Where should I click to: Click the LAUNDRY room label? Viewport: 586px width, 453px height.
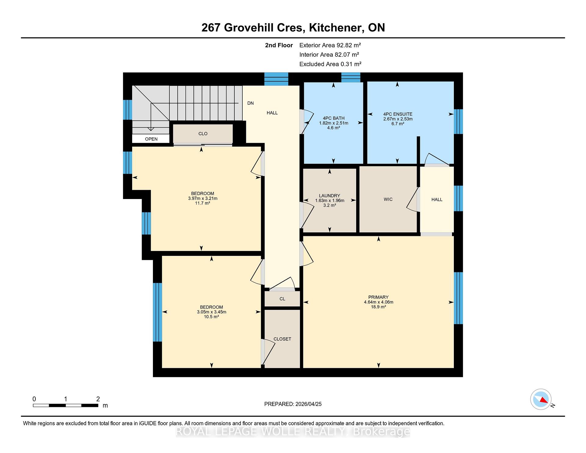(329, 196)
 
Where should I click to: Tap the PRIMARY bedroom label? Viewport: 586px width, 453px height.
(378, 297)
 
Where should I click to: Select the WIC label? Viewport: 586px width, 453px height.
(388, 199)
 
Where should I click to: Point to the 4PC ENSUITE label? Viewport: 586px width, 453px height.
(398, 114)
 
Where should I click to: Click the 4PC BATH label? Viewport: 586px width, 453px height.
(334, 118)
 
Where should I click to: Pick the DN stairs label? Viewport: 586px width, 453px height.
(250, 103)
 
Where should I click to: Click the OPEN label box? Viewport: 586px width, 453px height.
(151, 139)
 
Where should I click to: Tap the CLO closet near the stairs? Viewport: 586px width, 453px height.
(203, 134)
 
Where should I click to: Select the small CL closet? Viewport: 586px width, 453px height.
(282, 299)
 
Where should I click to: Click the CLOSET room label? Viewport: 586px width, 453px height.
(282, 339)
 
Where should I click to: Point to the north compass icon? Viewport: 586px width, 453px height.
(541, 399)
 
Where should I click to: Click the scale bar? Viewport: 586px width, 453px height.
(65, 405)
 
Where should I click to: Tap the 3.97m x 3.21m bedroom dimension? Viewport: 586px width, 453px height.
(203, 198)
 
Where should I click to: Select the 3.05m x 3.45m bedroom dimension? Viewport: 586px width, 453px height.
(212, 312)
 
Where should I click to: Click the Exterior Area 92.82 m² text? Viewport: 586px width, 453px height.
(330, 45)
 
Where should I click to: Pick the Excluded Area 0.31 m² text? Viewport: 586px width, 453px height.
(330, 64)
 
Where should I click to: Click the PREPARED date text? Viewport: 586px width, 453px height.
(293, 404)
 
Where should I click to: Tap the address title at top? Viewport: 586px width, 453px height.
(293, 27)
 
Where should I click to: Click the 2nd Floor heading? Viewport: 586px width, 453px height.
(279, 45)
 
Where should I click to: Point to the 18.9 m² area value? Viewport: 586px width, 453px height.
(378, 307)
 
